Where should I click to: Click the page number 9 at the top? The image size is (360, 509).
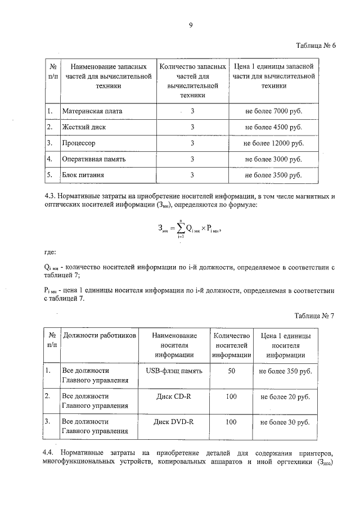pos(191,25)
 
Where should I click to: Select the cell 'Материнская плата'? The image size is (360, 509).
pos(92,111)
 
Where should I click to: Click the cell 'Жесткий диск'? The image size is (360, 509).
pos(84,127)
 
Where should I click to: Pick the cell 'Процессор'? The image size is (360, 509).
pos(79,143)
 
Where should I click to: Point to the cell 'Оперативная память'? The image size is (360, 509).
pos(94,159)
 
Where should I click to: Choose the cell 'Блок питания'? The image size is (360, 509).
pos(83,175)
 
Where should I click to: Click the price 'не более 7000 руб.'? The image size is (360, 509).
pos(273,111)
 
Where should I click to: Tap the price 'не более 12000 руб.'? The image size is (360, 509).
pos(273,143)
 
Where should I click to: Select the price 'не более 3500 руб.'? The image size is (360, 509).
pos(273,175)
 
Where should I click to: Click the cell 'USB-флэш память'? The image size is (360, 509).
pos(174,371)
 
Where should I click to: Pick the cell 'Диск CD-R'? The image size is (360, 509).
pos(174,397)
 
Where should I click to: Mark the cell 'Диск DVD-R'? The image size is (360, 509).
pos(174,421)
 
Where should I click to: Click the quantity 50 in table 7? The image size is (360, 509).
pos(231,371)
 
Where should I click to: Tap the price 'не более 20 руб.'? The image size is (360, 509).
pos(286,397)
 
